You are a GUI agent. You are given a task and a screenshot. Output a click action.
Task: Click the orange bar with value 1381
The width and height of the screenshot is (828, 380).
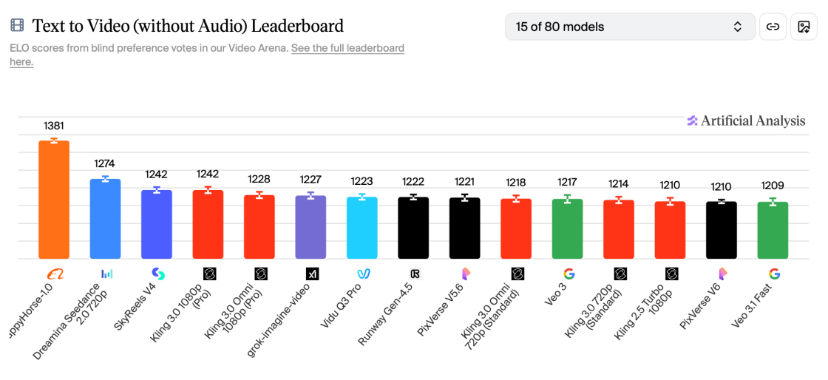coord(54,200)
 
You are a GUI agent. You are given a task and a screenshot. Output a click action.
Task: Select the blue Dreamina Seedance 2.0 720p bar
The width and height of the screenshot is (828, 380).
coord(105,219)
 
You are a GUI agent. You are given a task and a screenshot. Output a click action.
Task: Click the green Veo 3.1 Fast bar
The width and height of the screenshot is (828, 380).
coord(773,231)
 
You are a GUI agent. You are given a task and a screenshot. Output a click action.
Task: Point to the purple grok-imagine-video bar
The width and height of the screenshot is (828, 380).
coord(310,227)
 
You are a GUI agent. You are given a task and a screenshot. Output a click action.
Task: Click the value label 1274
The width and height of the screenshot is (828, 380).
coord(105,163)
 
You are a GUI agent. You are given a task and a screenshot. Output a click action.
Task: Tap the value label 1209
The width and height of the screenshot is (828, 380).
coord(773,186)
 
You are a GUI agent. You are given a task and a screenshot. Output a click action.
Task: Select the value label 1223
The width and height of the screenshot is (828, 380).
coord(362,181)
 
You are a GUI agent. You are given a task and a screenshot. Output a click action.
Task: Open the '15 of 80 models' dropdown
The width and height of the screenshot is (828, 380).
coord(630,27)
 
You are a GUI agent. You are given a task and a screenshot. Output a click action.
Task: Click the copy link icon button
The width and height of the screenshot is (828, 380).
coord(773,27)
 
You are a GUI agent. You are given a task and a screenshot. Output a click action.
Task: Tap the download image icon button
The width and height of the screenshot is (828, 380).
coord(804,27)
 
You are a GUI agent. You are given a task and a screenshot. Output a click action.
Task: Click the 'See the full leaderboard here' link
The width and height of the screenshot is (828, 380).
coord(347,49)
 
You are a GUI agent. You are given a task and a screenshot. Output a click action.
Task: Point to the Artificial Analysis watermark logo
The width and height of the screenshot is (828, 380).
coord(746,121)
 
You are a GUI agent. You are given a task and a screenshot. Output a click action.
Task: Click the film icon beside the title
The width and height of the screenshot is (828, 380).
coord(17,26)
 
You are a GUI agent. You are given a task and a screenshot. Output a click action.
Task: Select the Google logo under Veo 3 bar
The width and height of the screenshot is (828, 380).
coord(568,274)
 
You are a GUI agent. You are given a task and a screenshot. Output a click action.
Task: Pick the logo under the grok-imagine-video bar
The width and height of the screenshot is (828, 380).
coord(311,274)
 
